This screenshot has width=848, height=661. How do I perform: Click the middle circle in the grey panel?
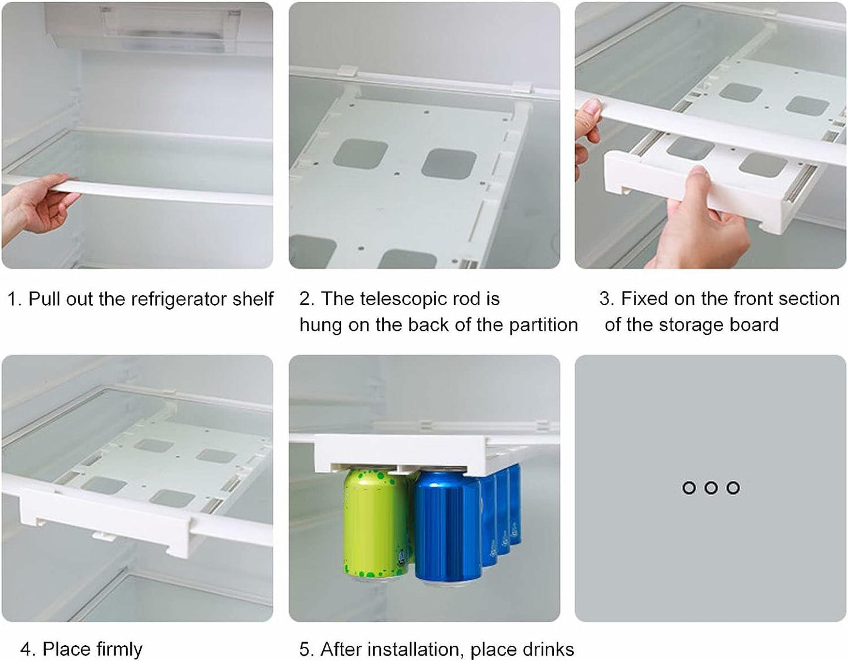pos(711,487)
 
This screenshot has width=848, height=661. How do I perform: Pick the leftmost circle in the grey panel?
pos(688,487)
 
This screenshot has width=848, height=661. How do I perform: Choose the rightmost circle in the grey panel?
pos(733,487)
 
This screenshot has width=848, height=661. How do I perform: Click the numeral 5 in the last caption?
pos(305,649)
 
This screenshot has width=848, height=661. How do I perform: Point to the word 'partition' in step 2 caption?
pos(543,325)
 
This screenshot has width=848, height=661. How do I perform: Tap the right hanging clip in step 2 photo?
pos(519,88)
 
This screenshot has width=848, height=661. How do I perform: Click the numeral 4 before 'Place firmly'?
pos(25,649)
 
